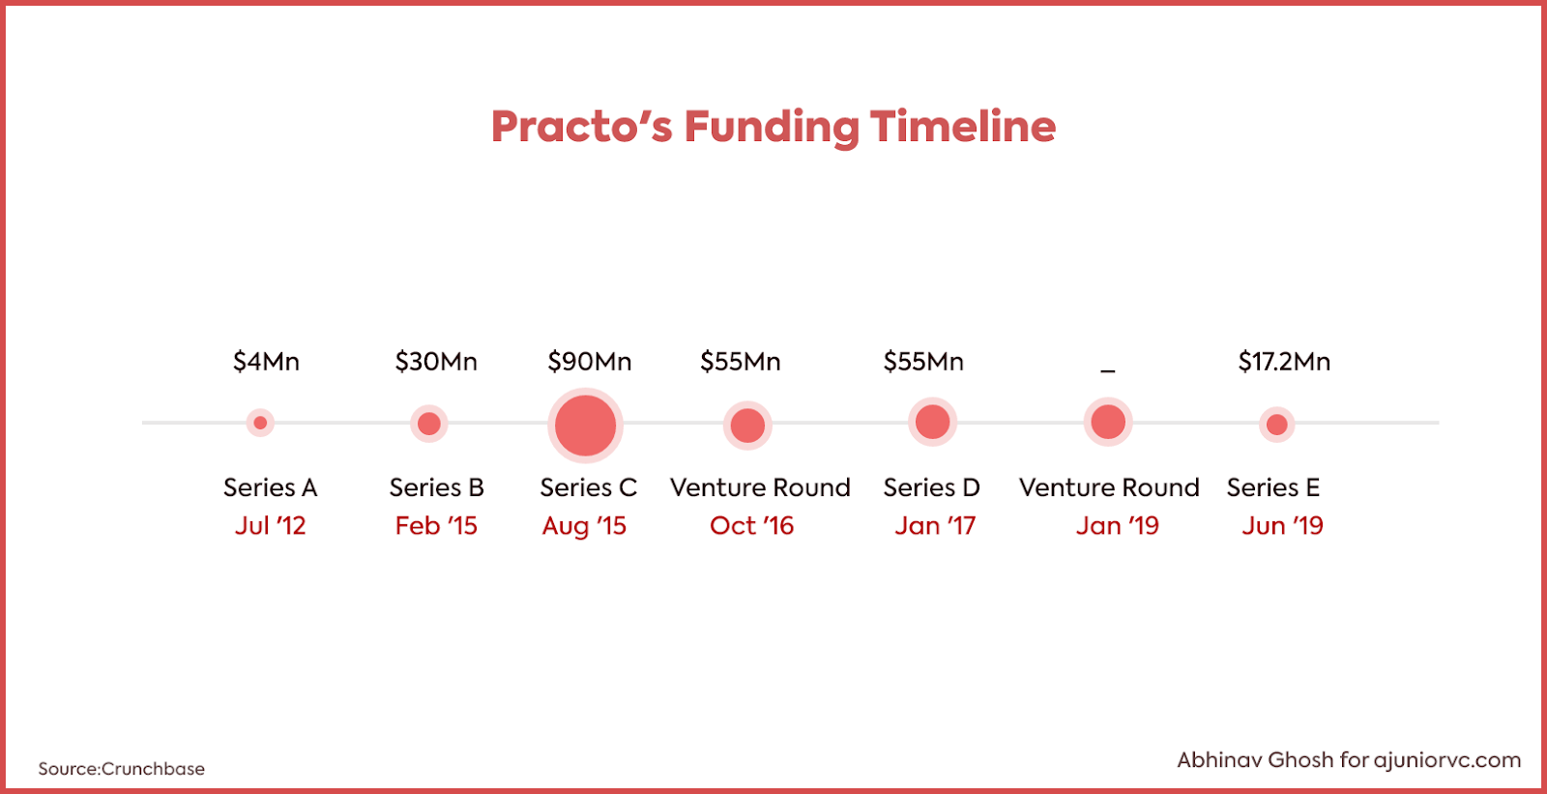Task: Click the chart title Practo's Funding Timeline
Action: [x=773, y=127]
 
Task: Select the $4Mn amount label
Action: [x=266, y=362]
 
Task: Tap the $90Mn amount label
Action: [x=589, y=362]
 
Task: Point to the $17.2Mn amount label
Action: [x=1284, y=362]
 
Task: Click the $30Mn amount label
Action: [x=436, y=362]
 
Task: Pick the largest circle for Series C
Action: [x=585, y=425]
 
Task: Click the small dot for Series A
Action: [x=260, y=423]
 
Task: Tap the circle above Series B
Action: [x=429, y=423]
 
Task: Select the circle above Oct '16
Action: [x=747, y=425]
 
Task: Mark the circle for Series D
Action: [x=932, y=422]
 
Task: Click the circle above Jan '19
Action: [x=1108, y=422]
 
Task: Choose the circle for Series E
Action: [x=1276, y=424]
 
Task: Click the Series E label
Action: [x=1272, y=487]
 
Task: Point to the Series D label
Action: [x=932, y=487]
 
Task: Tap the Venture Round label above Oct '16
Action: [x=760, y=487]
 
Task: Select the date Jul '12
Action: [x=270, y=526]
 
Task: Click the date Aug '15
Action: [x=584, y=526]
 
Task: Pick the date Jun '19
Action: [x=1282, y=526]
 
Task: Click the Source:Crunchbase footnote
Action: [x=122, y=769]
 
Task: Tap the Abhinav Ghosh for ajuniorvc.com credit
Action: [x=1349, y=760]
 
